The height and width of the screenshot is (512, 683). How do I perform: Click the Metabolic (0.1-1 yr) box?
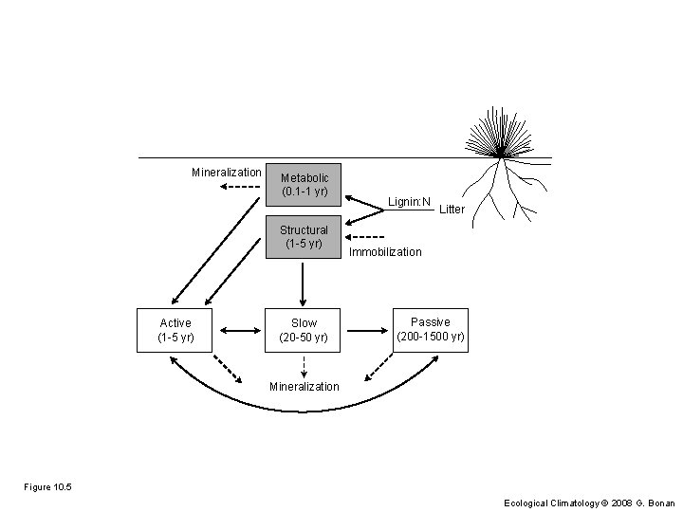304,184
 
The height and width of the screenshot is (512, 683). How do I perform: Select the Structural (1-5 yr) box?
304,236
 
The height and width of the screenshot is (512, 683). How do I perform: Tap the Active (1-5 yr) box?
175,330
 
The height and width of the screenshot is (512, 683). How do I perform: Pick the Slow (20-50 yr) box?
304,330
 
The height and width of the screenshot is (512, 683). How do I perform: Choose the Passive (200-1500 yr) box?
430,330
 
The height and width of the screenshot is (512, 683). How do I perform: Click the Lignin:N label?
409,201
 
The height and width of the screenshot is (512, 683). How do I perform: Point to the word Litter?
452,209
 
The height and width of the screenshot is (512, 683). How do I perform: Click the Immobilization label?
385,252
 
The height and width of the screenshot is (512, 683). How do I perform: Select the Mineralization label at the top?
226,173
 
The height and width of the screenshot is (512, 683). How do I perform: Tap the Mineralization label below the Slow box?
304,387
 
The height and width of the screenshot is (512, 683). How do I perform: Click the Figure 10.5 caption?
47,487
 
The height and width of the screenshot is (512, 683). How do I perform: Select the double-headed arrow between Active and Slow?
239,331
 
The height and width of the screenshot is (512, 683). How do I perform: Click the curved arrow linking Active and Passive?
304,411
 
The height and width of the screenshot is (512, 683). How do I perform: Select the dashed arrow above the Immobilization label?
366,237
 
